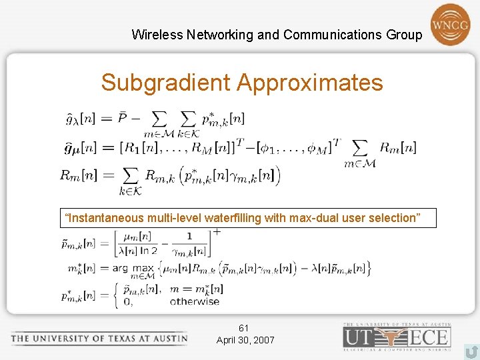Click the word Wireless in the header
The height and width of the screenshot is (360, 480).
pyautogui.click(x=153, y=35)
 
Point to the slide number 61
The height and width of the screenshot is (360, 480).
pyautogui.click(x=244, y=328)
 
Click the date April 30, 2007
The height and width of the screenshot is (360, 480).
pyautogui.click(x=245, y=340)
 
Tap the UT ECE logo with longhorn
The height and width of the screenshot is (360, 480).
pyautogui.click(x=397, y=337)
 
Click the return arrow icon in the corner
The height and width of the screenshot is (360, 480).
pyautogui.click(x=471, y=351)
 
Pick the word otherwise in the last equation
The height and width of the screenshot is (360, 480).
pyautogui.click(x=195, y=301)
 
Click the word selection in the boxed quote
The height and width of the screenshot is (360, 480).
pyautogui.click(x=397, y=218)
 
